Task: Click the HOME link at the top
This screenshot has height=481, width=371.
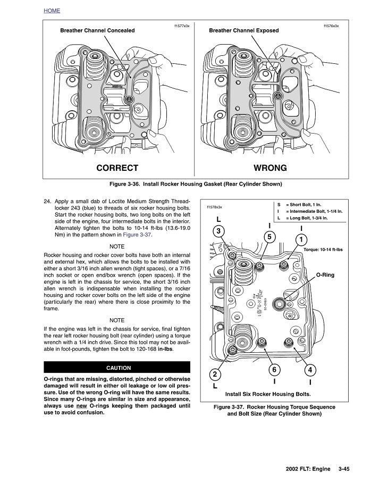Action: tap(52, 11)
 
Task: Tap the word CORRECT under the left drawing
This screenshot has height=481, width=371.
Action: tap(117, 168)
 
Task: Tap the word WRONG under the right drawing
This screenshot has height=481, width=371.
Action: tap(270, 168)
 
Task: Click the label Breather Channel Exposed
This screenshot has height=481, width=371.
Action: tap(243, 30)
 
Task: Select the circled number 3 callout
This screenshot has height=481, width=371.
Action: tap(218, 231)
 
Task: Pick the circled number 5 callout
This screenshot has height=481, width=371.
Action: tap(269, 236)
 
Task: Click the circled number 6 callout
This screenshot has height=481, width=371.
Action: tap(274, 369)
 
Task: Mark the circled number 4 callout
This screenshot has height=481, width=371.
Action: tap(310, 369)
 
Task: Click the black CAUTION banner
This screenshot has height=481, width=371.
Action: tap(118, 367)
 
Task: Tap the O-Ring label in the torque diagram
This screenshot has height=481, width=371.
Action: tap(325, 275)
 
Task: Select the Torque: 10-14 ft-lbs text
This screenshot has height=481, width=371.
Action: tap(323, 249)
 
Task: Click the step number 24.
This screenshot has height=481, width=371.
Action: tap(47, 202)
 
